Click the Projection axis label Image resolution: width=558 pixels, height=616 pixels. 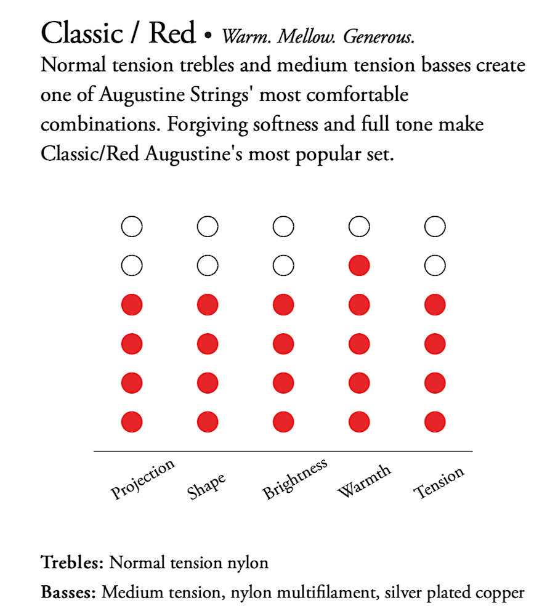[144, 479]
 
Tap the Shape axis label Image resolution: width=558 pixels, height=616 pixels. [207, 486]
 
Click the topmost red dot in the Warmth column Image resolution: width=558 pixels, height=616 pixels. [359, 266]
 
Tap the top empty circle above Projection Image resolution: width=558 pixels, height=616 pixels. [132, 227]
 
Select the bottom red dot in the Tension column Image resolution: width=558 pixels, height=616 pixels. [435, 423]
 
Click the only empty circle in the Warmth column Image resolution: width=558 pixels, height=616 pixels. [359, 227]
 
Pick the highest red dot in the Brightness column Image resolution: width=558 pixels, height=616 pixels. [283, 305]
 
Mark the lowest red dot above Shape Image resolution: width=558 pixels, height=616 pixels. [208, 423]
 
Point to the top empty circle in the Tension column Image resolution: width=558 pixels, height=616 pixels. [435, 227]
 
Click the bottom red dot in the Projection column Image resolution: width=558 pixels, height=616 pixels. [132, 423]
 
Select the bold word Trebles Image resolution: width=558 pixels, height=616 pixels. [73, 562]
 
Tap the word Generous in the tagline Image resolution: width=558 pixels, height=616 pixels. [379, 37]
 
